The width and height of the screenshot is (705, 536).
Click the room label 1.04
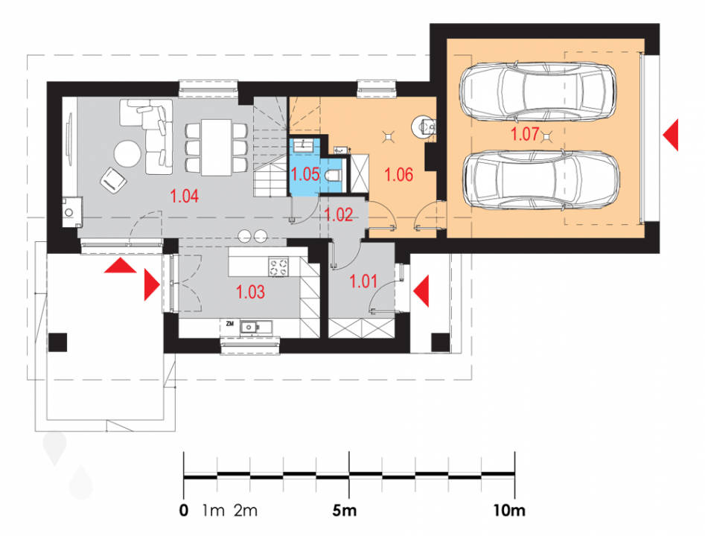(x=185, y=197)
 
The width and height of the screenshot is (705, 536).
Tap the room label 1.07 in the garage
(x=525, y=134)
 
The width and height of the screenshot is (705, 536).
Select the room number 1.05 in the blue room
(x=305, y=174)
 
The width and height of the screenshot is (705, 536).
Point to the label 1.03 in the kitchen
(x=250, y=293)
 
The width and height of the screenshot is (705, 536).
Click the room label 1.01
(x=363, y=281)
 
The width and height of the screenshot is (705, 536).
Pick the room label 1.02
(x=339, y=215)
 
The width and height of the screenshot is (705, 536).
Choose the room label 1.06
(x=399, y=174)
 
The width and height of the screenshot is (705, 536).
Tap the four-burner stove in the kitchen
(x=278, y=267)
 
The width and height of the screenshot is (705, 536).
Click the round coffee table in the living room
(x=127, y=154)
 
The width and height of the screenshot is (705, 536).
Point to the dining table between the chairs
(x=217, y=147)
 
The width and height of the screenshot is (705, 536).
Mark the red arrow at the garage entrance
(x=670, y=135)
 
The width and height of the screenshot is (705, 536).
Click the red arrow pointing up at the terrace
(x=120, y=266)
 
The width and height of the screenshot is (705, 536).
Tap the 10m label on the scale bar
(x=509, y=511)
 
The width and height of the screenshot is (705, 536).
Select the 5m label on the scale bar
(x=345, y=511)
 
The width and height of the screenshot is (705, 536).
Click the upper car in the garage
(x=537, y=92)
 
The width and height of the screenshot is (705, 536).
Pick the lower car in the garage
(x=542, y=180)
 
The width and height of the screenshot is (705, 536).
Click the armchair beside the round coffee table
(x=112, y=179)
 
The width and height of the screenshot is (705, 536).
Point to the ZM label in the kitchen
(x=230, y=323)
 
